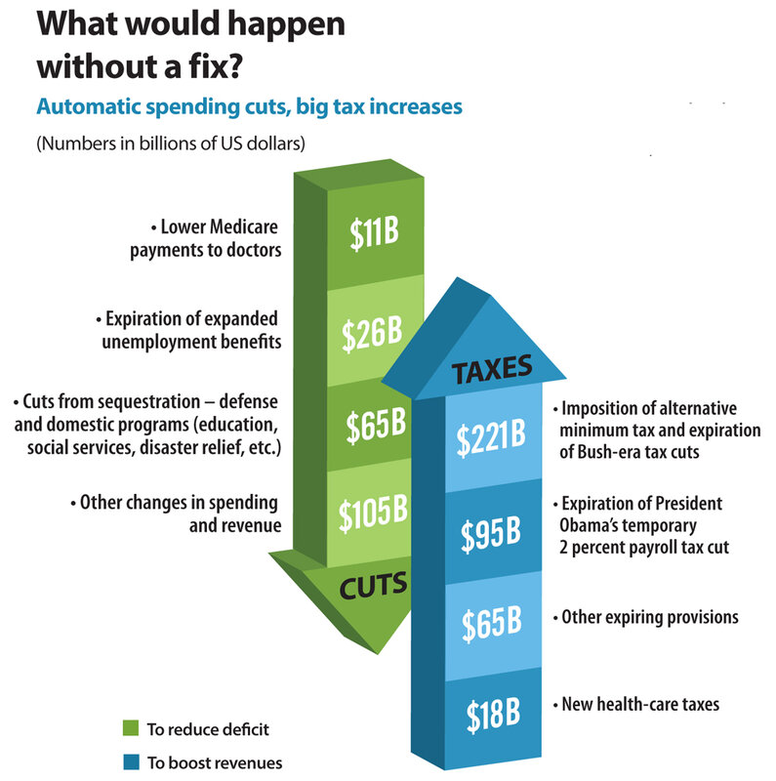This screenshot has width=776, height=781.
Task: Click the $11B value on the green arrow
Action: [x=372, y=233]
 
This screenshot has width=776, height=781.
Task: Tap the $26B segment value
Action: [x=372, y=331]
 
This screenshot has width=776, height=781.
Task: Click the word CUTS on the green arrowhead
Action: [x=373, y=587]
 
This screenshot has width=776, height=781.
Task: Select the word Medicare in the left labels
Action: [x=240, y=227]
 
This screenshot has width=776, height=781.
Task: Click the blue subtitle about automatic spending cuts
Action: [x=248, y=106]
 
